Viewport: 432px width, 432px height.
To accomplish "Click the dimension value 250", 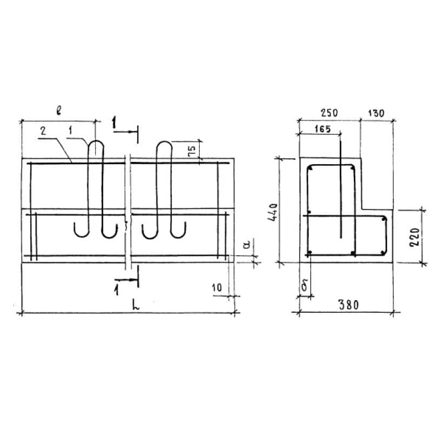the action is pos(329,113).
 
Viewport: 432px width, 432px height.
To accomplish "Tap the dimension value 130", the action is pos(376,113).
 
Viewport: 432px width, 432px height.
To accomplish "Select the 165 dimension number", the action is pos(322,129).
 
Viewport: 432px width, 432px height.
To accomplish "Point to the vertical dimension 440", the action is pos(273,212).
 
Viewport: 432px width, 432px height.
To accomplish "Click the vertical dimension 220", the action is pos(415,237).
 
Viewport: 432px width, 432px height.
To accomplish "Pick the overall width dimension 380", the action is pos(348,305).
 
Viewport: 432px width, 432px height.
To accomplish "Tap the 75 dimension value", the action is pos(192,151).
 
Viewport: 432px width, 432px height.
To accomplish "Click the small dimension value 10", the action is pos(217,288).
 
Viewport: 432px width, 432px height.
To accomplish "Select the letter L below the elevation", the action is pos(136,305).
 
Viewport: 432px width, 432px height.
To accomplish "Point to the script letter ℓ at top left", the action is pos(59,111).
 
